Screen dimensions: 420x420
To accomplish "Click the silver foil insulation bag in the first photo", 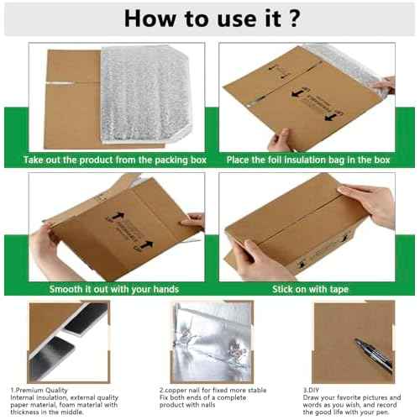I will pyautogui.click(x=147, y=92).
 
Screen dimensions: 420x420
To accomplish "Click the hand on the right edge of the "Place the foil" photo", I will pyautogui.click(x=384, y=84).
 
